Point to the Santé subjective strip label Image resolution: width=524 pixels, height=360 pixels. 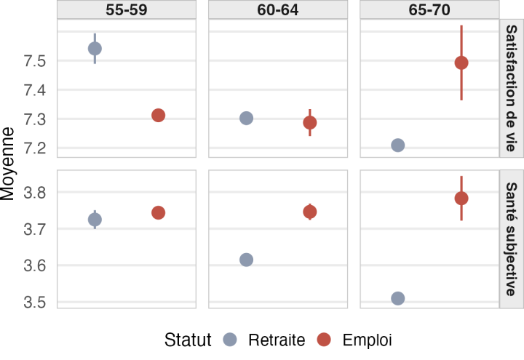coord(511,239)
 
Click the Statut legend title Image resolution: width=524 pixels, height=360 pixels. coord(188,340)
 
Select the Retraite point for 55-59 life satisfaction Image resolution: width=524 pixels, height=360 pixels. coord(95,49)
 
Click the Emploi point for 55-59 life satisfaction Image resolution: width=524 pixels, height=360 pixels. coord(158,115)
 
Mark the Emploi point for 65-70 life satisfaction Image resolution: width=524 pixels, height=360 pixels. coord(461,63)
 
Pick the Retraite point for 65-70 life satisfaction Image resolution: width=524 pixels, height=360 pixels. coord(397,145)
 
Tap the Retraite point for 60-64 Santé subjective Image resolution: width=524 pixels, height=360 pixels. coord(246,260)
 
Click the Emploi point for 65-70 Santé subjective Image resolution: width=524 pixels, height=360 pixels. coord(461,198)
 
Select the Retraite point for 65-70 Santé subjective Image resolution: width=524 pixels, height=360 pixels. coord(397,298)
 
